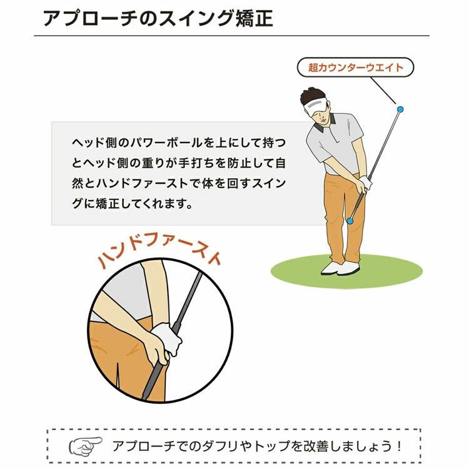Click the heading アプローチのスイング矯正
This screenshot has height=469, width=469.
tap(158, 19)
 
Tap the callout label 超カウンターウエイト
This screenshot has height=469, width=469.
tap(355, 68)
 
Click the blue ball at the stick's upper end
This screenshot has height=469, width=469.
tap(400, 109)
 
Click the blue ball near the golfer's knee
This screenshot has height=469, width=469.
tap(350, 221)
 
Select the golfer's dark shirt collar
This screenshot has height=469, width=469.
tap(325, 124)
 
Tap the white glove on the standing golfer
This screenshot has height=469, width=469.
tap(365, 182)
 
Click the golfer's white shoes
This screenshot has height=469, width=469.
tap(341, 268)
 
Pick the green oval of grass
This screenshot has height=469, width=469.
tap(346, 271)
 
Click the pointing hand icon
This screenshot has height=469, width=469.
tap(86, 446)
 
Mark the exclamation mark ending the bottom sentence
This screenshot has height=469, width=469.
tap(399, 446)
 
